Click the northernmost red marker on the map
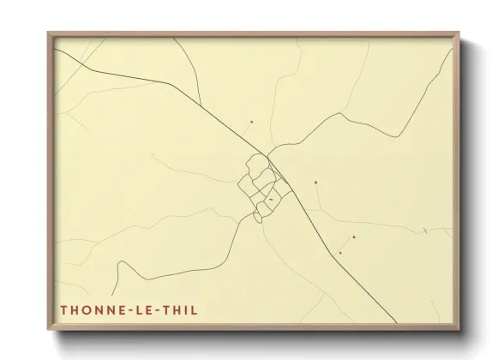tap(251, 122)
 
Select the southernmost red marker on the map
tap(340, 253)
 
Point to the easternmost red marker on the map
tap(353, 237)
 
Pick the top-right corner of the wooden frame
tap(463, 33)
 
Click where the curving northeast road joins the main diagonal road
tap(268, 156)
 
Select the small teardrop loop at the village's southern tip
tap(258, 219)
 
